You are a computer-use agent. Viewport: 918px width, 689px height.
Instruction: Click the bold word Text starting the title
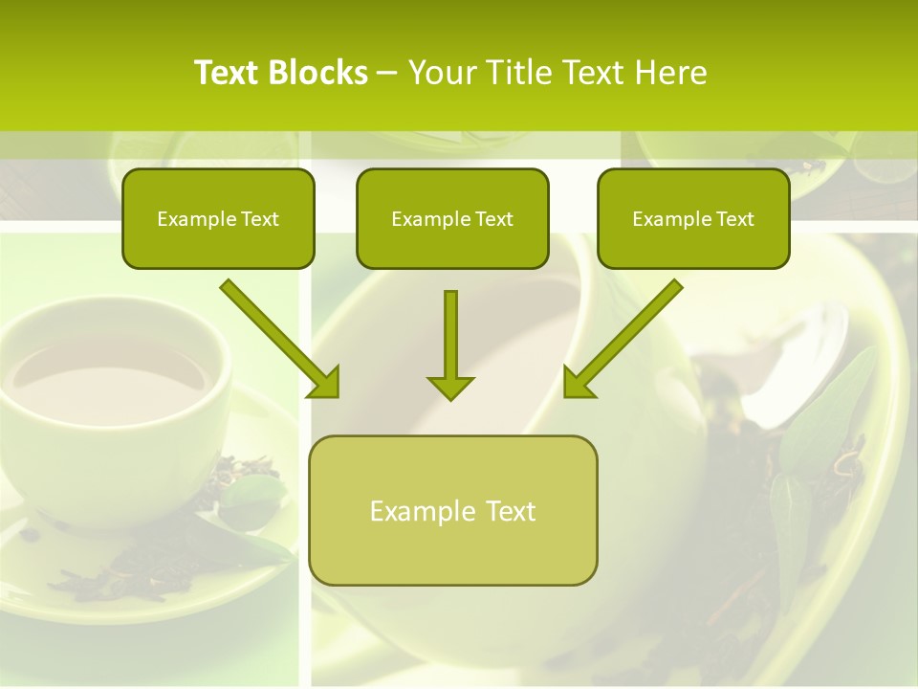pyautogui.click(x=228, y=73)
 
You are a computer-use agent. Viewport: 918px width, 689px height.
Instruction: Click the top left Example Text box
pyautogui.click(x=218, y=219)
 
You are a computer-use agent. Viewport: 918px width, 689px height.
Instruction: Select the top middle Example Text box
pyautogui.click(x=452, y=219)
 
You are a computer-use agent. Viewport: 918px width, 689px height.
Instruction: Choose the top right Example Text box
pyautogui.click(x=693, y=219)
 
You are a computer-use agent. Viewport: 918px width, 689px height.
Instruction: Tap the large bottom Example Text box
pyautogui.click(x=453, y=510)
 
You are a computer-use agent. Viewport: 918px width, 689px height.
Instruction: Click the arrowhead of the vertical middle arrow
pyautogui.click(x=450, y=388)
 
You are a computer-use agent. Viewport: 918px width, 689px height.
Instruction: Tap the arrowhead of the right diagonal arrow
pyautogui.click(x=577, y=383)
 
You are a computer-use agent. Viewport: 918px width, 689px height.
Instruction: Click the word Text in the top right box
pyautogui.click(x=734, y=219)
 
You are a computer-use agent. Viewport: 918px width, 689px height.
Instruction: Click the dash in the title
pyautogui.click(x=387, y=73)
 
